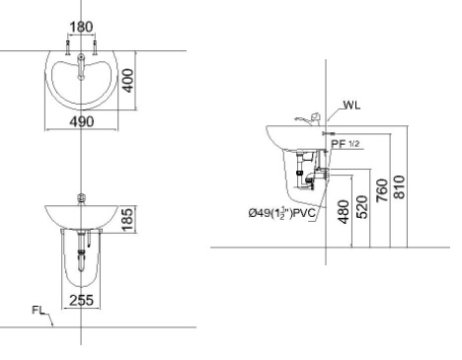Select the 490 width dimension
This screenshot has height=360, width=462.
83,121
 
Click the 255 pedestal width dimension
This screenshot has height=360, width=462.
83,302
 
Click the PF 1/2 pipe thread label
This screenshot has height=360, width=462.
347,144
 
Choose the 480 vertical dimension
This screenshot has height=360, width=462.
343,213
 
